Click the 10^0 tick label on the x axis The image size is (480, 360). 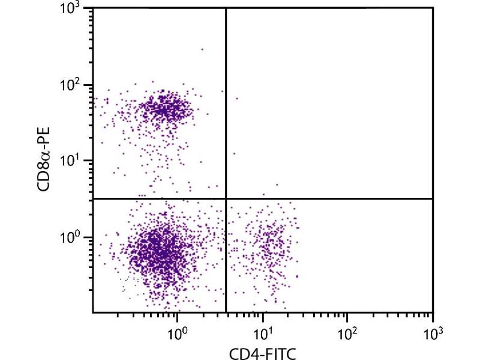[x=177, y=330]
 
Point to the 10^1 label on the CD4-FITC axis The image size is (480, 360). [x=262, y=330]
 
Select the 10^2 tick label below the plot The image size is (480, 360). [x=347, y=330]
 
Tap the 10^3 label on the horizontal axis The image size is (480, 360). [x=433, y=330]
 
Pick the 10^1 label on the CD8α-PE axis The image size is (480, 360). [x=72, y=159]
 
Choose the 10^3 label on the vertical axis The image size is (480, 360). [x=72, y=8]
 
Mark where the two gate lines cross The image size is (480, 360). [x=226, y=199]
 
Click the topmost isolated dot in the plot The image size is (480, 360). [x=202, y=49]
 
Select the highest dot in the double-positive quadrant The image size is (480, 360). [x=237, y=98]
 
